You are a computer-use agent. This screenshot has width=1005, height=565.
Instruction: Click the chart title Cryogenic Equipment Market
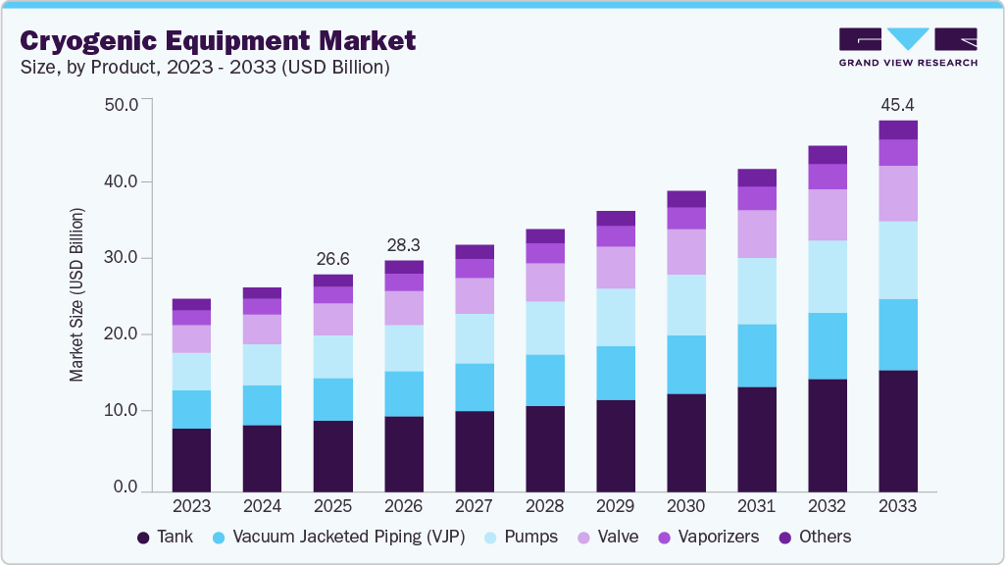pos(218,40)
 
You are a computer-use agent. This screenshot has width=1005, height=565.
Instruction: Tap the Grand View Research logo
pos(907,47)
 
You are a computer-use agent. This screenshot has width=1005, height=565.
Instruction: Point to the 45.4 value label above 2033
pos(897,104)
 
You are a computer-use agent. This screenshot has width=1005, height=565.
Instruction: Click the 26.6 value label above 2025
pos(332,259)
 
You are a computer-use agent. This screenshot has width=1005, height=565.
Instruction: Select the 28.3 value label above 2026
pos(403,244)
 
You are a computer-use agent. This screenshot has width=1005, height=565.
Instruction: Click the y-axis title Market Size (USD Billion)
pos(76,294)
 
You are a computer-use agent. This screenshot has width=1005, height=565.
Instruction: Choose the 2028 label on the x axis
pos(544,506)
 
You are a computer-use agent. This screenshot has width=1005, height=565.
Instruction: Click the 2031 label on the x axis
pos(756,506)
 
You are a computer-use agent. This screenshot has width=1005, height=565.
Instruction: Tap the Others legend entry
pos(814,537)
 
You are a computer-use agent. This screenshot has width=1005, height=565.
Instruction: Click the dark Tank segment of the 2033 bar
pos(897,431)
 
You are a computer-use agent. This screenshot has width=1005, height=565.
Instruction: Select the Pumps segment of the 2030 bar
pos(685,305)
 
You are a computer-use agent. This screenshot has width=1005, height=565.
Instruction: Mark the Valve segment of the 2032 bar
pos(827,215)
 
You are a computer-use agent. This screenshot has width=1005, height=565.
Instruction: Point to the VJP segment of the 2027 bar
pos(474,387)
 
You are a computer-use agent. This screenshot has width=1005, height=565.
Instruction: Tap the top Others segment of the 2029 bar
pos(615,218)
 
